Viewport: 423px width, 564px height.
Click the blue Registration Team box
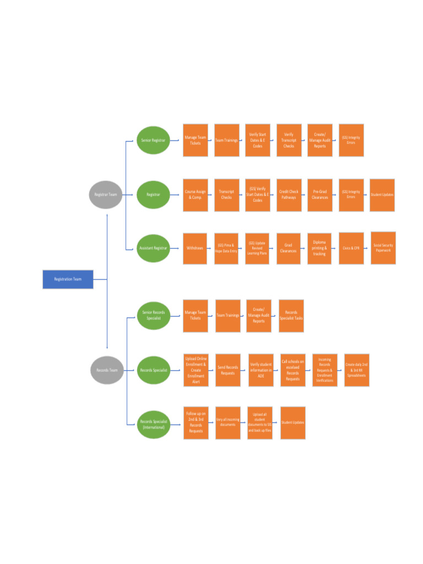pyautogui.click(x=68, y=279)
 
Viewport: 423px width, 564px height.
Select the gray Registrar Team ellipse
pyautogui.click(x=106, y=194)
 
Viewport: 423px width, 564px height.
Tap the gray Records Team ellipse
pyautogui.click(x=107, y=370)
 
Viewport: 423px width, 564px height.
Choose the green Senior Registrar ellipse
pyautogui.click(x=153, y=140)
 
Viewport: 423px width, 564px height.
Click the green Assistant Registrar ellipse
pyautogui.click(x=153, y=248)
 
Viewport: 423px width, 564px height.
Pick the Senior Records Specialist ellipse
pyautogui.click(x=154, y=316)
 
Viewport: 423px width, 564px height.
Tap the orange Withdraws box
pyautogui.click(x=195, y=248)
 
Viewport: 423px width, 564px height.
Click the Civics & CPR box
pyautogui.click(x=351, y=248)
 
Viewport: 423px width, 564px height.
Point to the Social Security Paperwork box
pyautogui.click(x=383, y=248)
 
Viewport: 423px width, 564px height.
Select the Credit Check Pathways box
pyautogui.click(x=289, y=194)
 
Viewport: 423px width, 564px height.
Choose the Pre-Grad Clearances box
pyautogui.click(x=320, y=194)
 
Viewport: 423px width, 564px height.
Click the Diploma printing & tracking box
pyautogui.click(x=319, y=248)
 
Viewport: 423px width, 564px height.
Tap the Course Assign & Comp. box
pyautogui.click(x=196, y=194)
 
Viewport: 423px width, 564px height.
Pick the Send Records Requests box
pyautogui.click(x=227, y=370)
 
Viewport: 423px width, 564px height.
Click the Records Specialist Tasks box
pyautogui.click(x=291, y=316)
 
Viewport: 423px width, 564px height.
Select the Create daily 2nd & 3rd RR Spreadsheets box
pyautogui.click(x=356, y=370)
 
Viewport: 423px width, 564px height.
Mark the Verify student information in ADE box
pyautogui.click(x=261, y=370)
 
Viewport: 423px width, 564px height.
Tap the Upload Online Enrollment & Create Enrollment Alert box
pyautogui.click(x=196, y=370)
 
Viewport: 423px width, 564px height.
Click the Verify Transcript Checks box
pyautogui.click(x=289, y=140)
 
